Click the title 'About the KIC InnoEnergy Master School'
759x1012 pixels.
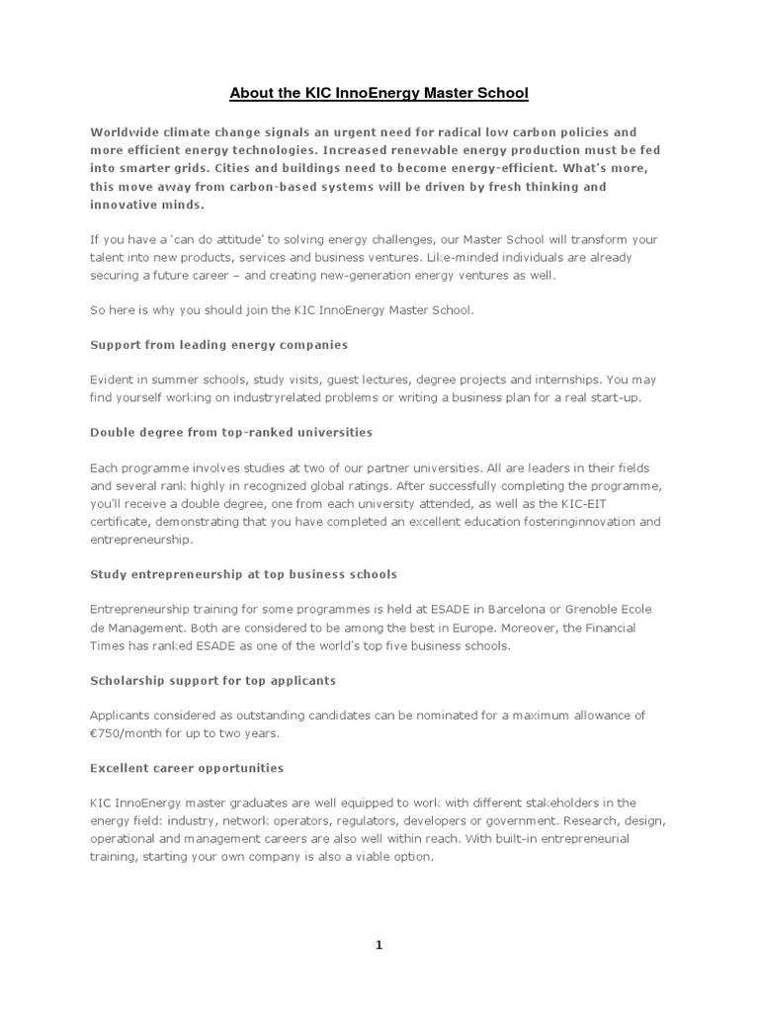(x=379, y=94)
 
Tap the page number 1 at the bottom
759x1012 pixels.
(x=379, y=945)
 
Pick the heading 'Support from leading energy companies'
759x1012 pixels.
(x=218, y=346)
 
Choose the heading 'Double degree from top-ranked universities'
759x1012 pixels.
(x=231, y=432)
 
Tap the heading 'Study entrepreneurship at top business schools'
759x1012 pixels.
(x=243, y=573)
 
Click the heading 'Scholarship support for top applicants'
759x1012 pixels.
(x=212, y=680)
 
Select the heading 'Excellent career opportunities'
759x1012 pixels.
(x=187, y=767)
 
